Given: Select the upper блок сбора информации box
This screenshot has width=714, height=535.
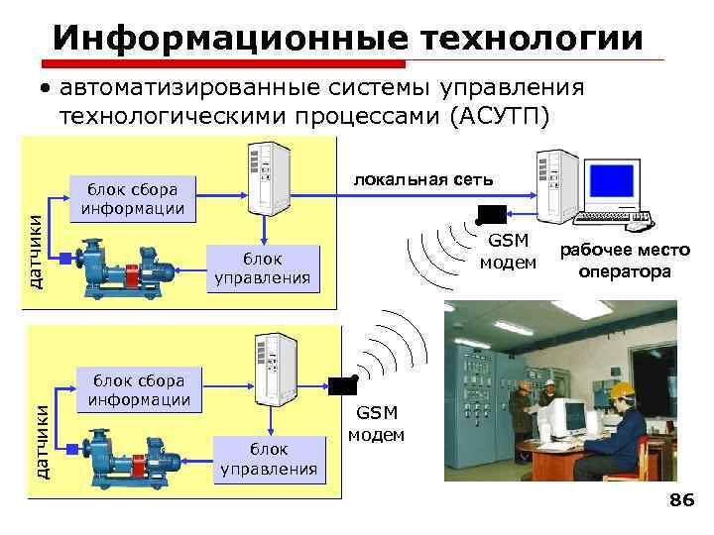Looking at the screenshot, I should tap(132, 198).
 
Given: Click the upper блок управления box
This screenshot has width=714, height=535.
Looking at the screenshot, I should tap(263, 268).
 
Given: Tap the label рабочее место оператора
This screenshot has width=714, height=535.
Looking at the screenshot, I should tap(625, 262).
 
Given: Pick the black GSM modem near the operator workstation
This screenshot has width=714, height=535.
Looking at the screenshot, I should tap(491, 213).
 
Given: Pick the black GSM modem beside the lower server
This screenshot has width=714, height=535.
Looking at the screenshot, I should tap(342, 385).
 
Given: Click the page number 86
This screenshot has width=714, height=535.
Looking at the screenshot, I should tap(681, 501).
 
